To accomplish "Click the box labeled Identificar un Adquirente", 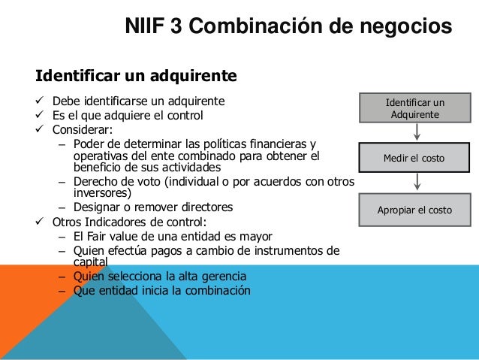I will click(415, 108).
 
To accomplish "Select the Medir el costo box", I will click(415, 159).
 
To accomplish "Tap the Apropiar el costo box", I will click(415, 210).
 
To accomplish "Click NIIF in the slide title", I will click(145, 27).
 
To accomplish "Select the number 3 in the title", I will click(176, 27).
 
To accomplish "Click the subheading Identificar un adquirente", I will click(136, 76).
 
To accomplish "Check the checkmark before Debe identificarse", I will click(41, 101).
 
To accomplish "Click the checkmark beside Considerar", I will click(41, 129).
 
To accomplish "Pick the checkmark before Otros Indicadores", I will click(41, 222).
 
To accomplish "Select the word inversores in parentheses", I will click(101, 192).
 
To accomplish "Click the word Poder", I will click(89, 144).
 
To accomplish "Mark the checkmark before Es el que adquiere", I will click(41, 116).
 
